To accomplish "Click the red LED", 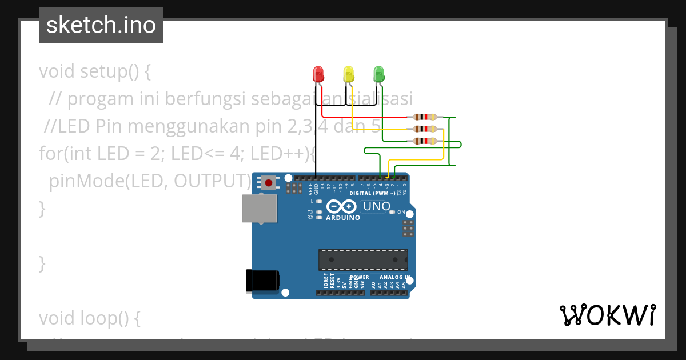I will [318, 74].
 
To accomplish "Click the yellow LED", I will [349, 74].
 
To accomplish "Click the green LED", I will [378, 74].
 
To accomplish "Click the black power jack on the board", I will [262, 280].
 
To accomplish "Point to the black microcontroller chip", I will [363, 259].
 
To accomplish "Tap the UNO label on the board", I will [377, 206].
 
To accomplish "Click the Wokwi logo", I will [607, 315].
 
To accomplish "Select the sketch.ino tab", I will [101, 25].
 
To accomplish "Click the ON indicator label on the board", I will [401, 212].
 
